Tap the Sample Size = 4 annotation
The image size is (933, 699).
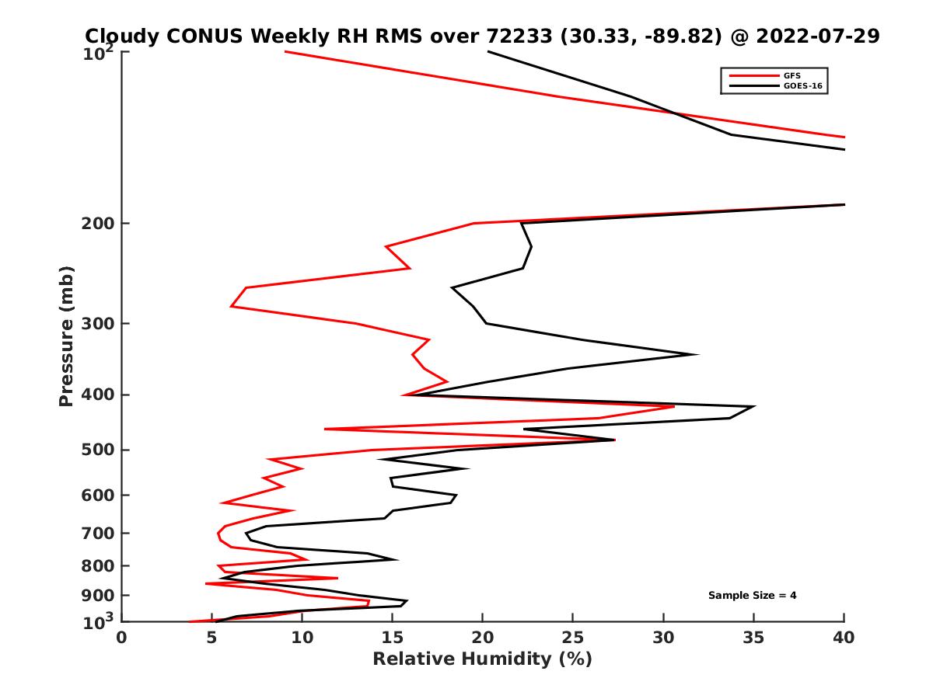(752, 596)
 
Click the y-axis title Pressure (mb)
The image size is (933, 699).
(66, 336)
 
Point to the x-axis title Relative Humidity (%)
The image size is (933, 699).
(482, 659)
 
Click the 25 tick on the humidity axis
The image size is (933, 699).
(573, 638)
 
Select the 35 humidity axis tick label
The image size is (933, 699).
(753, 638)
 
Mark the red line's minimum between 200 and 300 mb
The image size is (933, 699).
(232, 307)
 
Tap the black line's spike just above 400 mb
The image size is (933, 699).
(697, 355)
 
